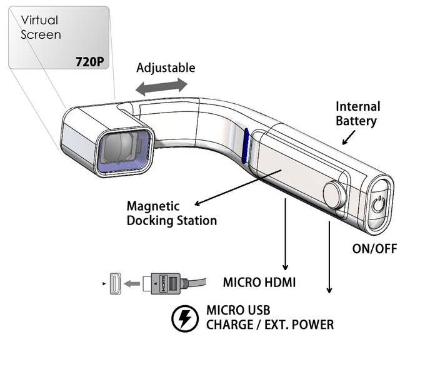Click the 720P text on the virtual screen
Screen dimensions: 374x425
point(89,63)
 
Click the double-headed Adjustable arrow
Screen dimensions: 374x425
point(161,86)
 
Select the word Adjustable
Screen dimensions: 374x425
point(166,68)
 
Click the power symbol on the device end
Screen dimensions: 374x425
point(378,205)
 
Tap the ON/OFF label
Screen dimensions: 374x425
point(375,248)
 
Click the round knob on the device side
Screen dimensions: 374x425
point(334,195)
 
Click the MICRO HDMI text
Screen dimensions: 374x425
point(259,283)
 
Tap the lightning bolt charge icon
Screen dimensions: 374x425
point(184,319)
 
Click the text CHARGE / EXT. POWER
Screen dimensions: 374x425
point(269,325)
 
